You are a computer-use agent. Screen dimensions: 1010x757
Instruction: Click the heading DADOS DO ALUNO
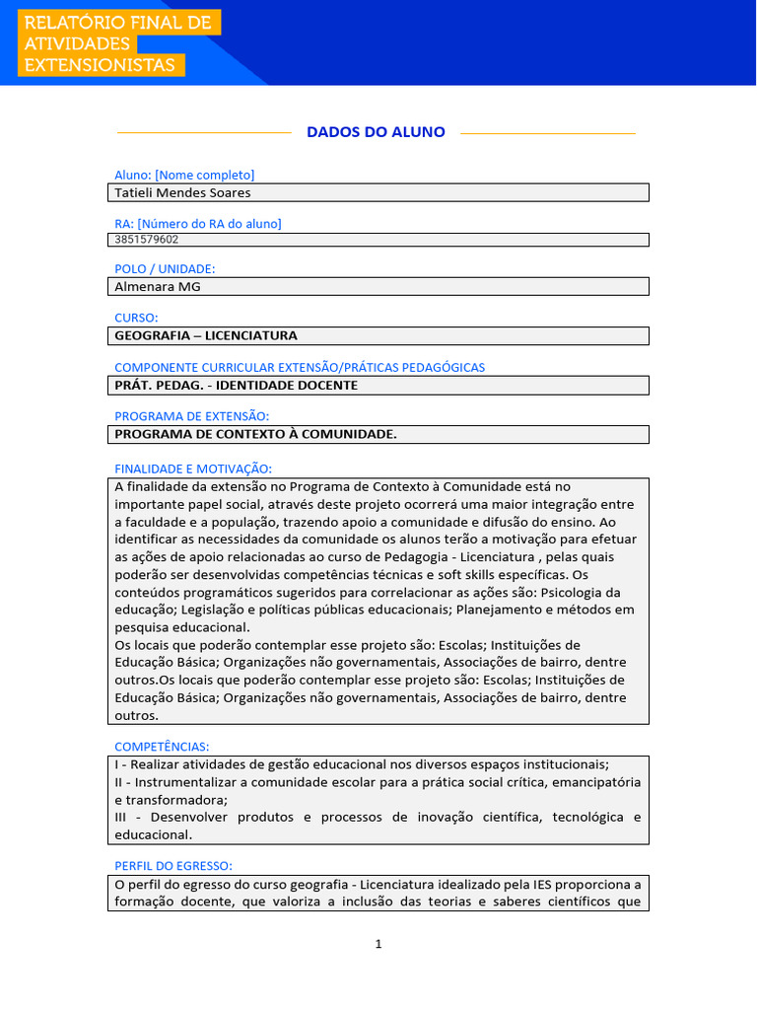pos(376,132)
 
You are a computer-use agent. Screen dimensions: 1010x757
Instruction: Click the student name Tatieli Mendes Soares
pos(183,192)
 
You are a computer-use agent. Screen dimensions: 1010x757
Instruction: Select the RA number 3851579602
pos(147,239)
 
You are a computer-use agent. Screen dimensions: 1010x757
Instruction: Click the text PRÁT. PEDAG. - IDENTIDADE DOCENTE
pos(236,385)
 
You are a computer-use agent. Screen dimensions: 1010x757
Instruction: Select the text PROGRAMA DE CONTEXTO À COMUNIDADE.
pos(255,434)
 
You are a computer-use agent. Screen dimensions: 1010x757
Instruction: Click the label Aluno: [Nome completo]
pos(184,175)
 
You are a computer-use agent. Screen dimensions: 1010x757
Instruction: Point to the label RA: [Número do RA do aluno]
pos(198,224)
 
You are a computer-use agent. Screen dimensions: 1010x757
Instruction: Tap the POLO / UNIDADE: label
pos(165,268)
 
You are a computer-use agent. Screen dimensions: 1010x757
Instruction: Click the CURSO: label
pos(136,318)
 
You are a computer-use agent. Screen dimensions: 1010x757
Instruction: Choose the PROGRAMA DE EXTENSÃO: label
pos(191,416)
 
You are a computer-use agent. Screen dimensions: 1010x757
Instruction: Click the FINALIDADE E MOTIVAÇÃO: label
pos(193,469)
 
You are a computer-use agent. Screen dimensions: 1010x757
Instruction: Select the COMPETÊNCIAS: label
pos(162,747)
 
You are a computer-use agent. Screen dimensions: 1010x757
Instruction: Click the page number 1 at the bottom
pos(378,944)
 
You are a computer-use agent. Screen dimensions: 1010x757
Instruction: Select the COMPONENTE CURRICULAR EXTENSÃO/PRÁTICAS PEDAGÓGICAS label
pos(300,367)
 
